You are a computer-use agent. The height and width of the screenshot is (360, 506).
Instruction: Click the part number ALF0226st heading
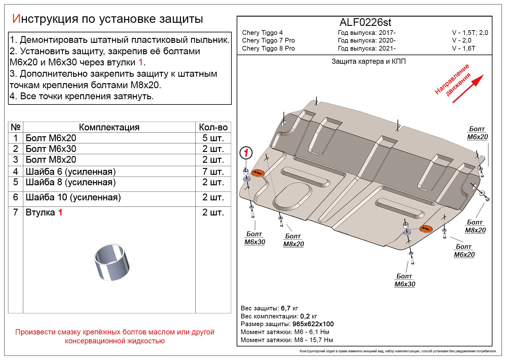click(x=365, y=22)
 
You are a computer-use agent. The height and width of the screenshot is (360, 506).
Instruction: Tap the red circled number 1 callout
click(x=246, y=153)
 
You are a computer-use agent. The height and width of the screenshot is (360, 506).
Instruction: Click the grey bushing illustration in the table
click(x=112, y=262)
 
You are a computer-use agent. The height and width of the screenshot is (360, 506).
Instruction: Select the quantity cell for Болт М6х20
click(x=213, y=138)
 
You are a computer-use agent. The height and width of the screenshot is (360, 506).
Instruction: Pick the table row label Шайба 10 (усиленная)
click(x=73, y=197)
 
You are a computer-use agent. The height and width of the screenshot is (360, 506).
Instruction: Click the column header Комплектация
click(x=109, y=127)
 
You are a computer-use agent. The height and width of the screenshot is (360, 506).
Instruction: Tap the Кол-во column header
click(x=213, y=127)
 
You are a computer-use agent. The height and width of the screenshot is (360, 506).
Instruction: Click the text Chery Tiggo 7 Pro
click(x=268, y=40)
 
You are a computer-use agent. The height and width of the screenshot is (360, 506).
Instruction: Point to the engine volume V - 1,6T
click(x=463, y=48)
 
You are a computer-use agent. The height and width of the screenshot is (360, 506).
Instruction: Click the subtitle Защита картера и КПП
click(x=368, y=61)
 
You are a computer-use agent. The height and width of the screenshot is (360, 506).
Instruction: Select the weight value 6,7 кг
click(x=289, y=308)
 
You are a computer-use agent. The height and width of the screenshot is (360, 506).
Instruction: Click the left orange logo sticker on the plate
click(x=258, y=173)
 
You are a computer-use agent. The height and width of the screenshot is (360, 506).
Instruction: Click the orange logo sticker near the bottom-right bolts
click(x=426, y=229)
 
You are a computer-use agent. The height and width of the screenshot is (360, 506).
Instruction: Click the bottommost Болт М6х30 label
click(x=405, y=280)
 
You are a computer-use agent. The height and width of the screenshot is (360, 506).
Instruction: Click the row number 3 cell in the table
click(x=16, y=160)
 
